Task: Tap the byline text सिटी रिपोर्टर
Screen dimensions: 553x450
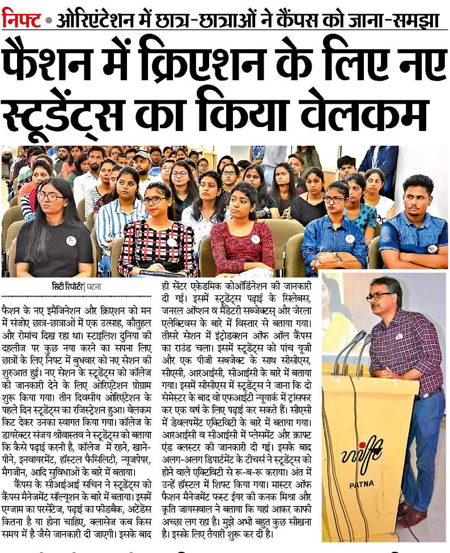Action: coord(63,286)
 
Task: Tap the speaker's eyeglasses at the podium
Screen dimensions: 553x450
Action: coord(378,296)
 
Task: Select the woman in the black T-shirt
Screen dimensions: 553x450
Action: coord(56,233)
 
